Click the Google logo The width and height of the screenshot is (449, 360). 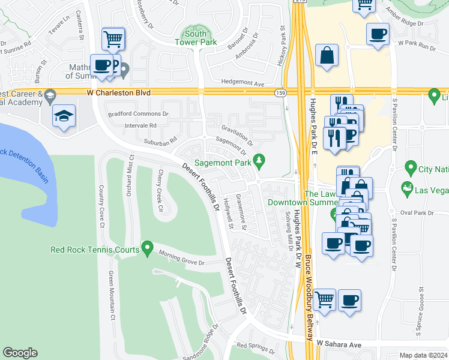click(20, 353)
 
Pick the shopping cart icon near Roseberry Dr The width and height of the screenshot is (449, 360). click(113, 40)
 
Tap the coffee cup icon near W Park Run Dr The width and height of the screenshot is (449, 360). click(378, 34)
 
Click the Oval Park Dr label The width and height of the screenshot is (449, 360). click(418, 213)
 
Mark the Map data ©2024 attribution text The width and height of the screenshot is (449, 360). click(423, 355)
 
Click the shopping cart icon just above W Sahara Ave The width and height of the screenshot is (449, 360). click(324, 299)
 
